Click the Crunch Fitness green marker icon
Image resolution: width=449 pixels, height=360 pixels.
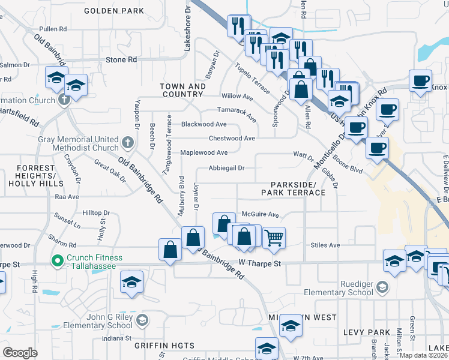pyautogui.click(x=58, y=260)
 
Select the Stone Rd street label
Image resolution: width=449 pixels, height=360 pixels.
pyautogui.click(x=121, y=60)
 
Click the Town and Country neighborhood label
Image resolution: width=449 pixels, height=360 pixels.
pyautogui.click(x=182, y=91)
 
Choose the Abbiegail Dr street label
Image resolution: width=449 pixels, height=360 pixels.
pyautogui.click(x=226, y=168)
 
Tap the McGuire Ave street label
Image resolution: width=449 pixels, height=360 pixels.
pyautogui.click(x=261, y=214)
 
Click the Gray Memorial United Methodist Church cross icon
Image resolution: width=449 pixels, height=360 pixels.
pyautogui.click(x=127, y=143)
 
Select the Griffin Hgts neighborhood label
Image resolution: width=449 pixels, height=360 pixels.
pyautogui.click(x=164, y=346)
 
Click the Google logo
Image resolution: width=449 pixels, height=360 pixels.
pyautogui.click(x=20, y=353)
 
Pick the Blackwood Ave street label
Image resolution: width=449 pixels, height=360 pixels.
pyautogui.click(x=203, y=124)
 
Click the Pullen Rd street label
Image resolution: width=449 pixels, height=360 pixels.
pyautogui.click(x=52, y=29)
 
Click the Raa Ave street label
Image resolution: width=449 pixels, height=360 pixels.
pyautogui.click(x=67, y=196)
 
